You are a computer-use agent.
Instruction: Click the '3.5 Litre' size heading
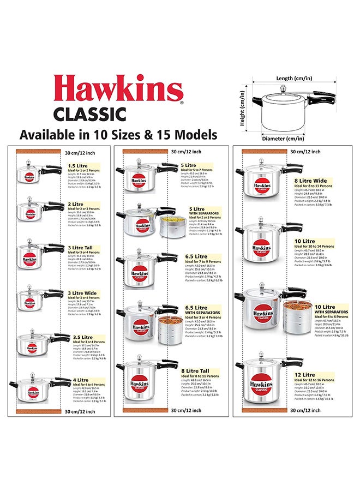pos(83,337)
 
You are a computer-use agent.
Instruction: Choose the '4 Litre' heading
pos(79,380)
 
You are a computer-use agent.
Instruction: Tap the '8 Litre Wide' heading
pos(310,181)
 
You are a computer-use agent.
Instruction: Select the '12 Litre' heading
pos(304,375)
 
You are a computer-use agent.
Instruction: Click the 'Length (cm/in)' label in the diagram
pos(291,78)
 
